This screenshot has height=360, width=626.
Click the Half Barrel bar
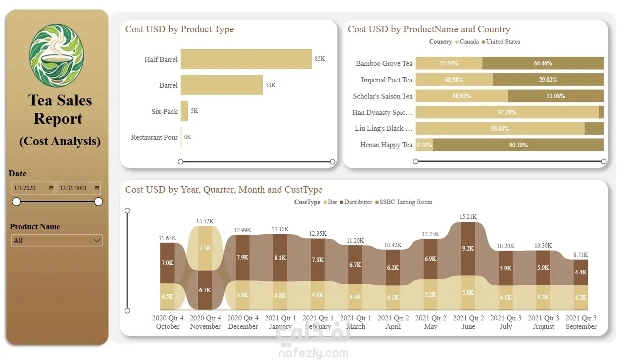click(246, 59)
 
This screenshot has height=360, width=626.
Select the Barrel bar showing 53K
click(221, 85)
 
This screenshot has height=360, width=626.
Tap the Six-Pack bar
click(184, 111)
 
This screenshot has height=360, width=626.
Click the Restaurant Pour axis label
click(154, 137)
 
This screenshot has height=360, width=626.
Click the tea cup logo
click(56, 55)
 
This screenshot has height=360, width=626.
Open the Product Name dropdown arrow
click(96, 240)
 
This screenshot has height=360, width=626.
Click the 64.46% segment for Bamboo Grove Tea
click(543, 63)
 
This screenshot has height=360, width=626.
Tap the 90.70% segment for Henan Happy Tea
click(518, 145)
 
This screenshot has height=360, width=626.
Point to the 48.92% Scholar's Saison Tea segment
click(461, 96)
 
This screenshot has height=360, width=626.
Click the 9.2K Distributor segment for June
click(468, 248)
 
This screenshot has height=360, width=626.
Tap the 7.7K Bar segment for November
click(205, 248)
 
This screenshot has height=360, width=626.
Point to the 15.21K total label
click(468, 217)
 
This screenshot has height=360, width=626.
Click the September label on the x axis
click(581, 326)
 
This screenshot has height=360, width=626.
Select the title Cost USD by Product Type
click(179, 29)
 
